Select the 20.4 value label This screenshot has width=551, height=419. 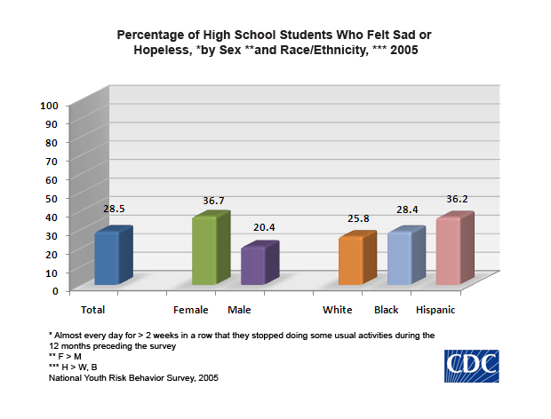264,228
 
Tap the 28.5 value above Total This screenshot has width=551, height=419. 113,209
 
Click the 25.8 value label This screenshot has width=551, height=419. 360,218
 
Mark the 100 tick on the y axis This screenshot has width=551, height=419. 50,105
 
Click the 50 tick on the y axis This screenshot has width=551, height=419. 52,198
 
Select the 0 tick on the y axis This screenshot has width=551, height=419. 55,290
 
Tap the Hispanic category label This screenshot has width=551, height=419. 435,310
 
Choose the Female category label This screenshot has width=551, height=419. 191,310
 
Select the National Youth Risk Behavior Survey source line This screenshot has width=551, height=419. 133,377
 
